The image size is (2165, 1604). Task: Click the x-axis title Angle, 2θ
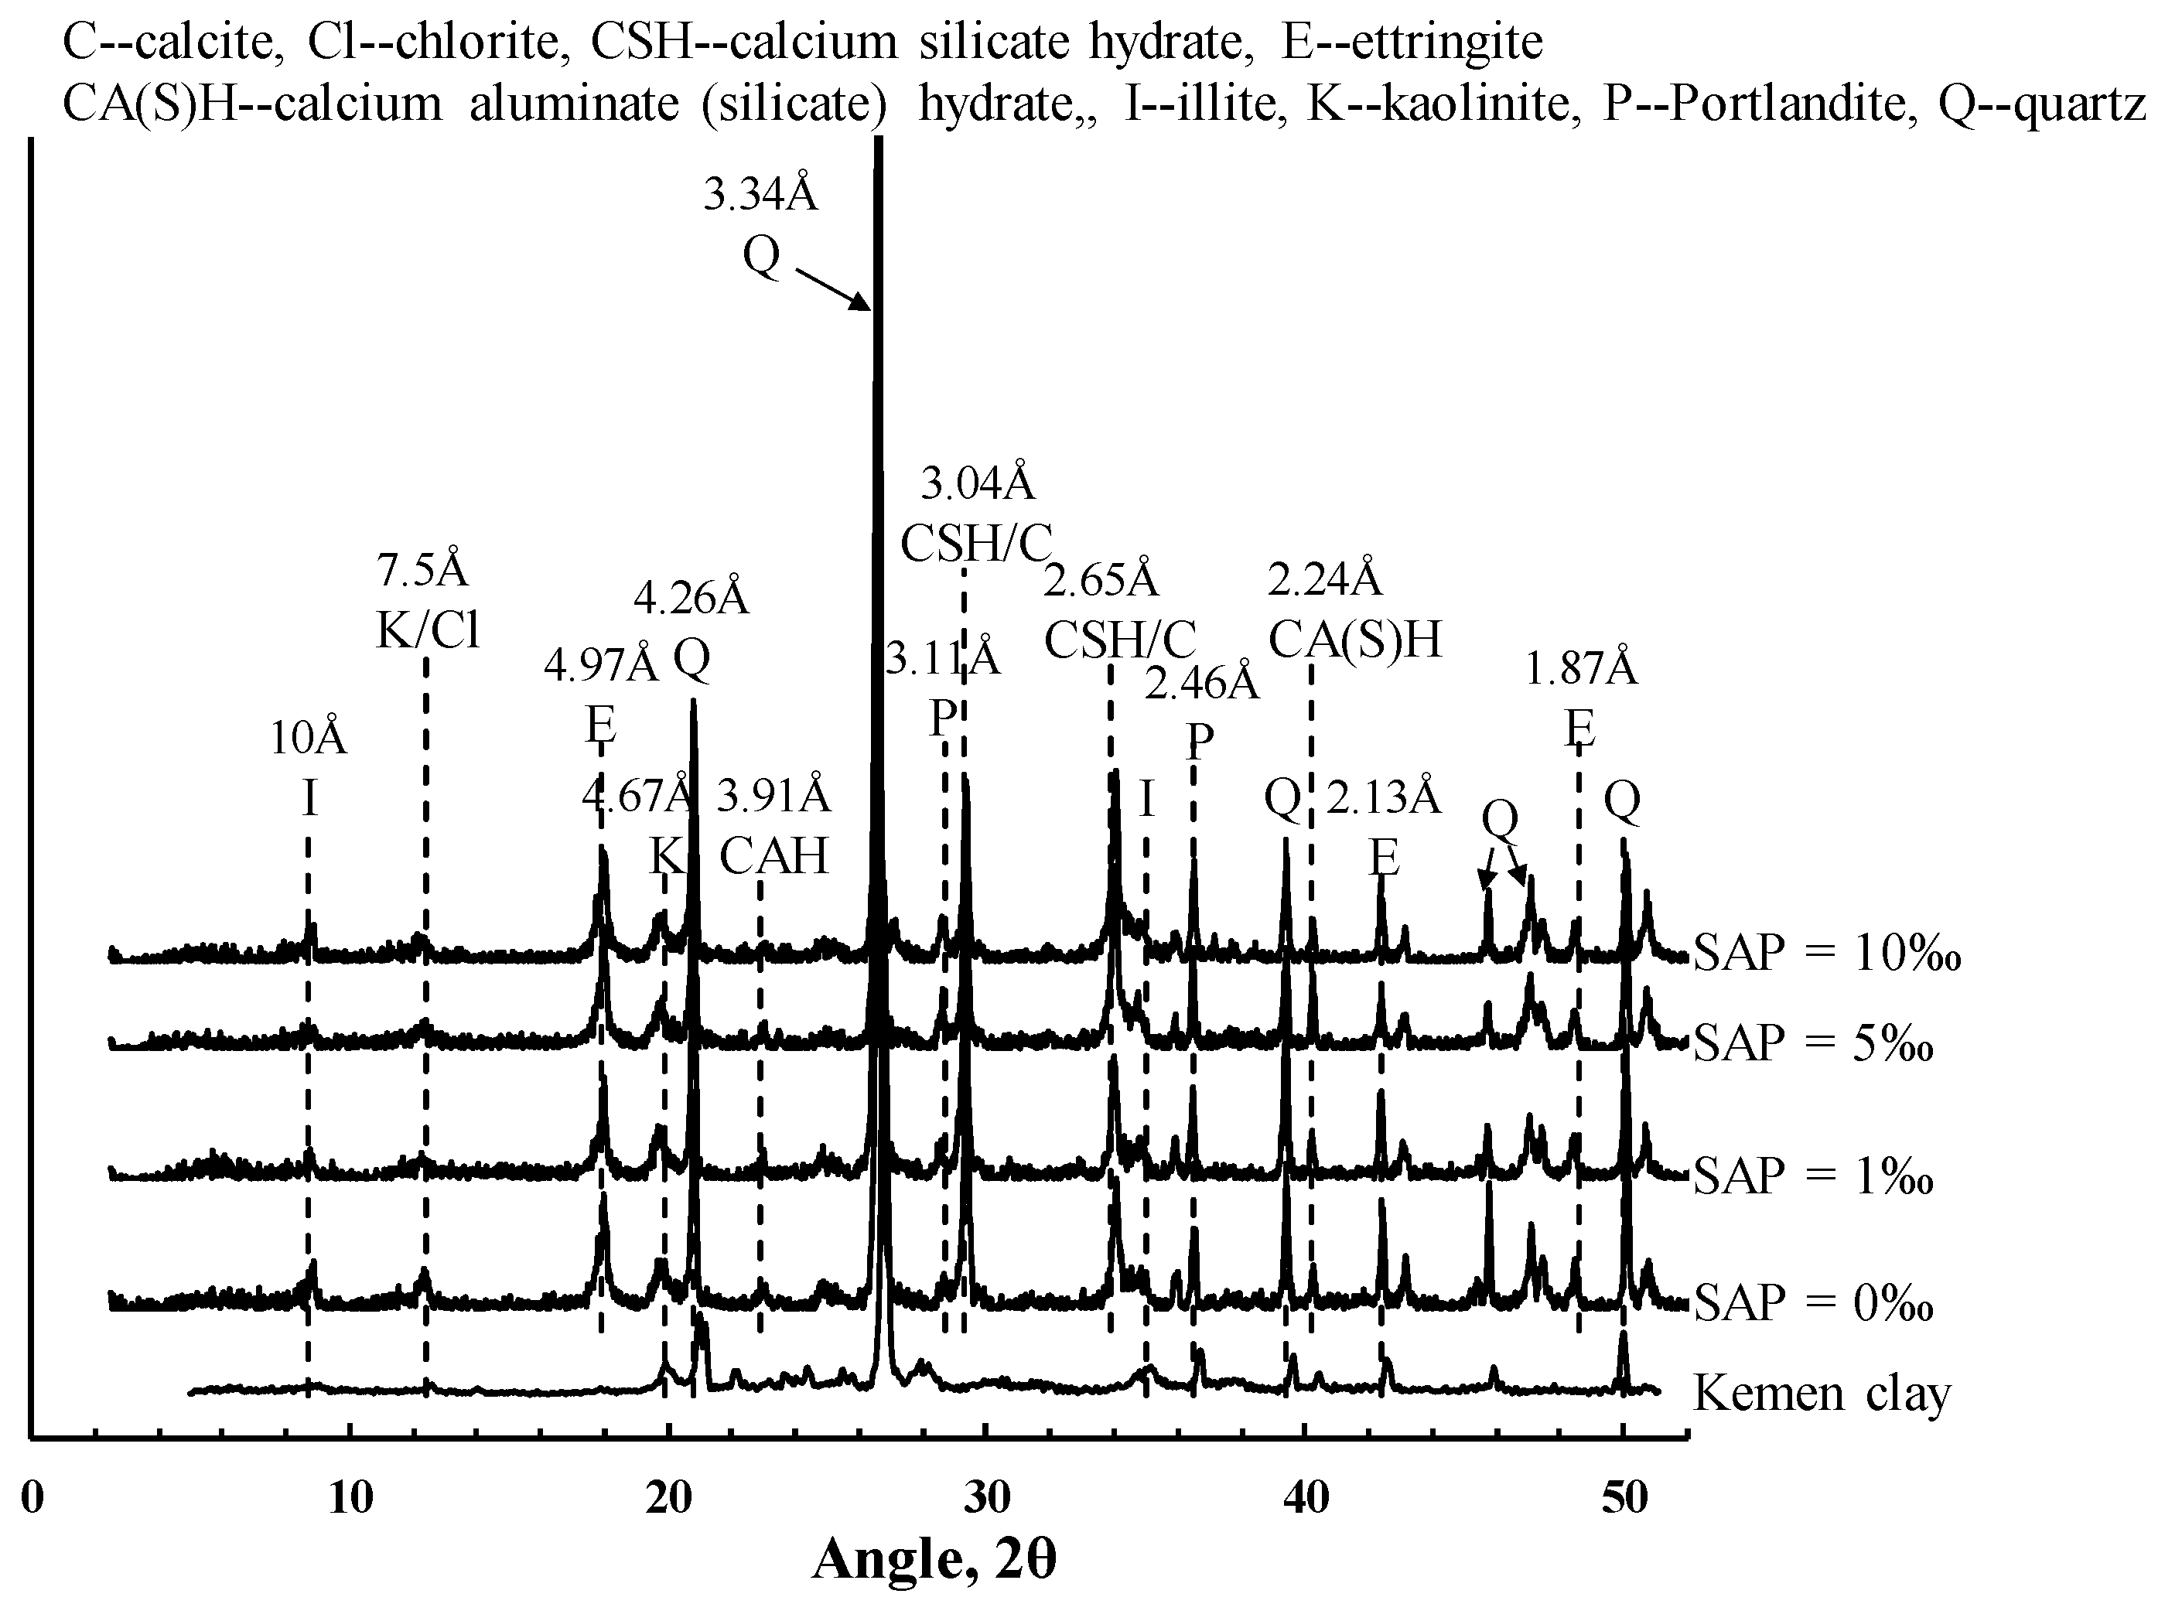point(933,1561)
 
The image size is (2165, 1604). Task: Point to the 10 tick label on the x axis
point(350,1498)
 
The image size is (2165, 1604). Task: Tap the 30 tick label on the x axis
point(986,1498)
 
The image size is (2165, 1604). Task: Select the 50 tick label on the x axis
point(1624,1498)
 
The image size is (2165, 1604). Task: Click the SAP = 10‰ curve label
point(1826,954)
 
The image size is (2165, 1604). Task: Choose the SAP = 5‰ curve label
point(1812,1043)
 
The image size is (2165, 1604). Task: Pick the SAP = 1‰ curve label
point(1812,1176)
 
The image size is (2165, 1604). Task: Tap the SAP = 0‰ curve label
point(1812,1302)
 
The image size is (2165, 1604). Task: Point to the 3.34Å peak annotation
point(760,194)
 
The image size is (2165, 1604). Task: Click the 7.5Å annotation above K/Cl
point(422,571)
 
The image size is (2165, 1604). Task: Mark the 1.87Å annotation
point(1580,669)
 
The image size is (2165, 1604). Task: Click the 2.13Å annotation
point(1384,798)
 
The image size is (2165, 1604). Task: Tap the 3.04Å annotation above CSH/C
point(978,483)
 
